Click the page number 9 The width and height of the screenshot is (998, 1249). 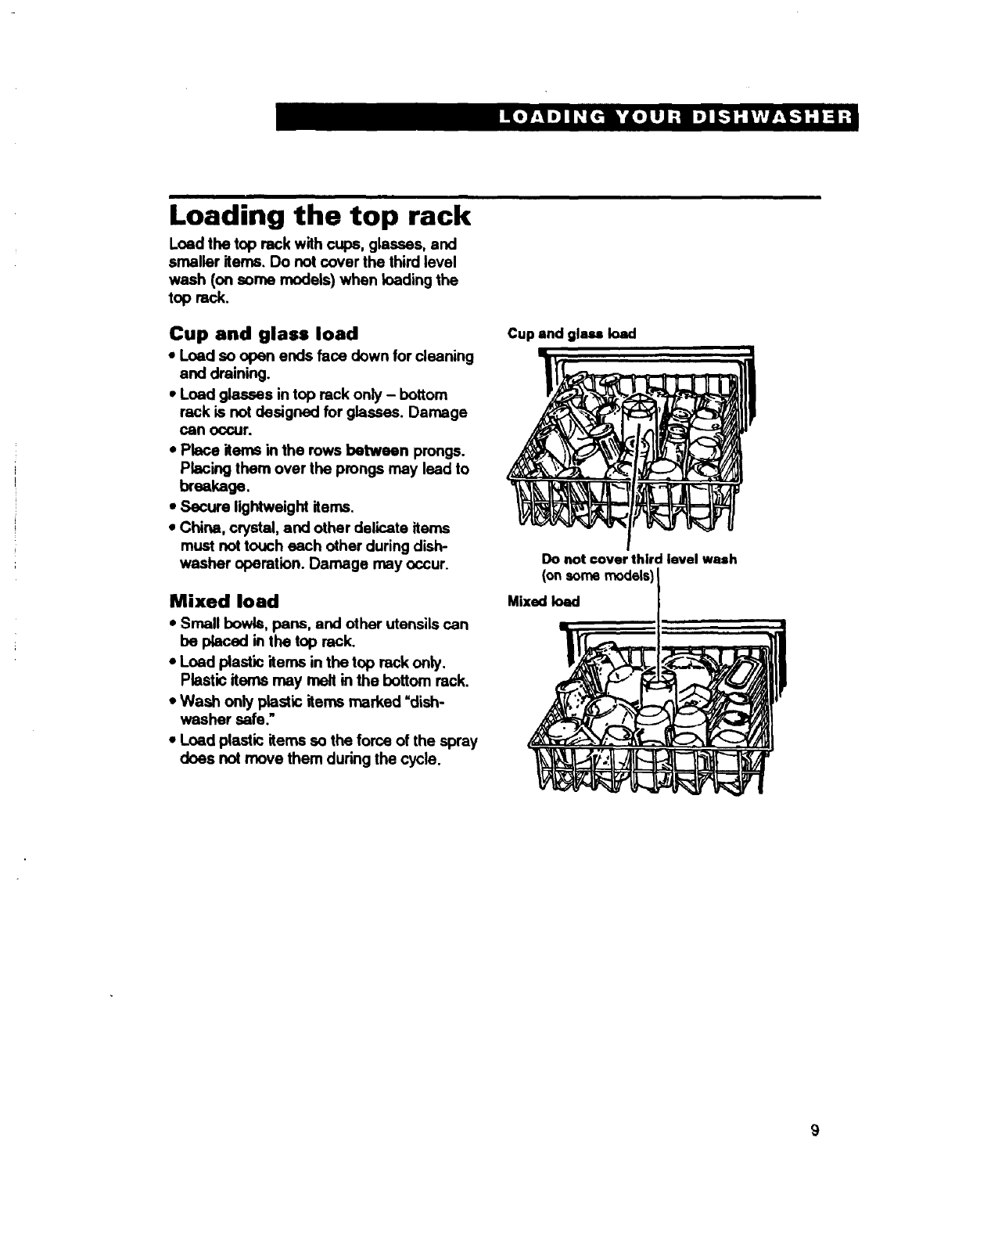click(x=814, y=1129)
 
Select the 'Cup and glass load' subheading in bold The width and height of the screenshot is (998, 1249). click(x=264, y=333)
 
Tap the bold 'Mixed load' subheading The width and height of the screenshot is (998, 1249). click(x=224, y=601)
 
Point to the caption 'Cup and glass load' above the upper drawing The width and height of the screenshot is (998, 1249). click(x=572, y=333)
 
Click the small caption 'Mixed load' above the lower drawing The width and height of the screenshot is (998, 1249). click(x=544, y=601)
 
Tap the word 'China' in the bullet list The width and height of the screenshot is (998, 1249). click(x=197, y=527)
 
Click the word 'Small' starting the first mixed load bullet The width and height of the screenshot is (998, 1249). click(x=199, y=624)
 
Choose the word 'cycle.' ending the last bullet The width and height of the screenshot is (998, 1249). click(x=413, y=758)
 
